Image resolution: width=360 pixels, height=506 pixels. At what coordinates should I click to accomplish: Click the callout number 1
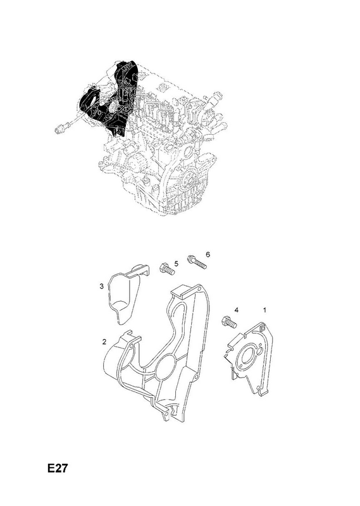click(264, 310)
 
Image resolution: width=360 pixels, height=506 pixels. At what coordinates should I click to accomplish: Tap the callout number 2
click(104, 342)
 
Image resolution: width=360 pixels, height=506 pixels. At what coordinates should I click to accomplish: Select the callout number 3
click(101, 286)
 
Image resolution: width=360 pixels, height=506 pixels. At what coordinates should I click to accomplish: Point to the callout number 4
click(237, 310)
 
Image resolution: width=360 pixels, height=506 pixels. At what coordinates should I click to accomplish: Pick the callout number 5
click(177, 264)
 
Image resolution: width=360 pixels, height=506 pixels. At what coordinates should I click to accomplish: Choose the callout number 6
click(208, 255)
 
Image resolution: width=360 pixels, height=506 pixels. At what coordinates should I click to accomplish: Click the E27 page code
click(58, 468)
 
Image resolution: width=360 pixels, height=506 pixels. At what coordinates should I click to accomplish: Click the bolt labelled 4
click(229, 322)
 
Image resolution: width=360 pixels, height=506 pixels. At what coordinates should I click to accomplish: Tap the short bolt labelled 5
click(167, 269)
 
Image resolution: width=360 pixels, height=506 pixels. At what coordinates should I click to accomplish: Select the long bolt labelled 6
click(196, 262)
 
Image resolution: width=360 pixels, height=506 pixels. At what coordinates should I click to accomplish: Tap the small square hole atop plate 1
click(263, 329)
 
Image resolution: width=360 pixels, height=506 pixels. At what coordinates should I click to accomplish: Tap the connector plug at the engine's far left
click(59, 129)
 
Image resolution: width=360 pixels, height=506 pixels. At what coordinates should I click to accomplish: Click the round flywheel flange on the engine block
click(189, 178)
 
